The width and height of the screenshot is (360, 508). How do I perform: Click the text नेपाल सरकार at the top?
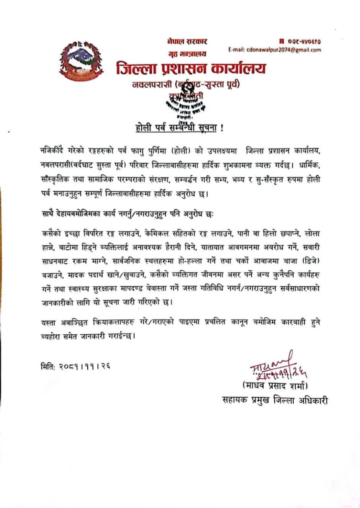pos(187,41)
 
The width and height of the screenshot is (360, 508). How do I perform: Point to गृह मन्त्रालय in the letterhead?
pos(187,54)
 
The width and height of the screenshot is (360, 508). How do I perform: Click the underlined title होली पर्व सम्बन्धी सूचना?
pos(177,128)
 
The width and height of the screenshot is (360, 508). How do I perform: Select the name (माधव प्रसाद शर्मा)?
pos(275,385)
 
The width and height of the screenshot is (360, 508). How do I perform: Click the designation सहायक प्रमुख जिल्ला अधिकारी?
pos(275,400)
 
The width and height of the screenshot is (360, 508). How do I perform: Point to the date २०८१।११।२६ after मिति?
pos(85,366)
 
